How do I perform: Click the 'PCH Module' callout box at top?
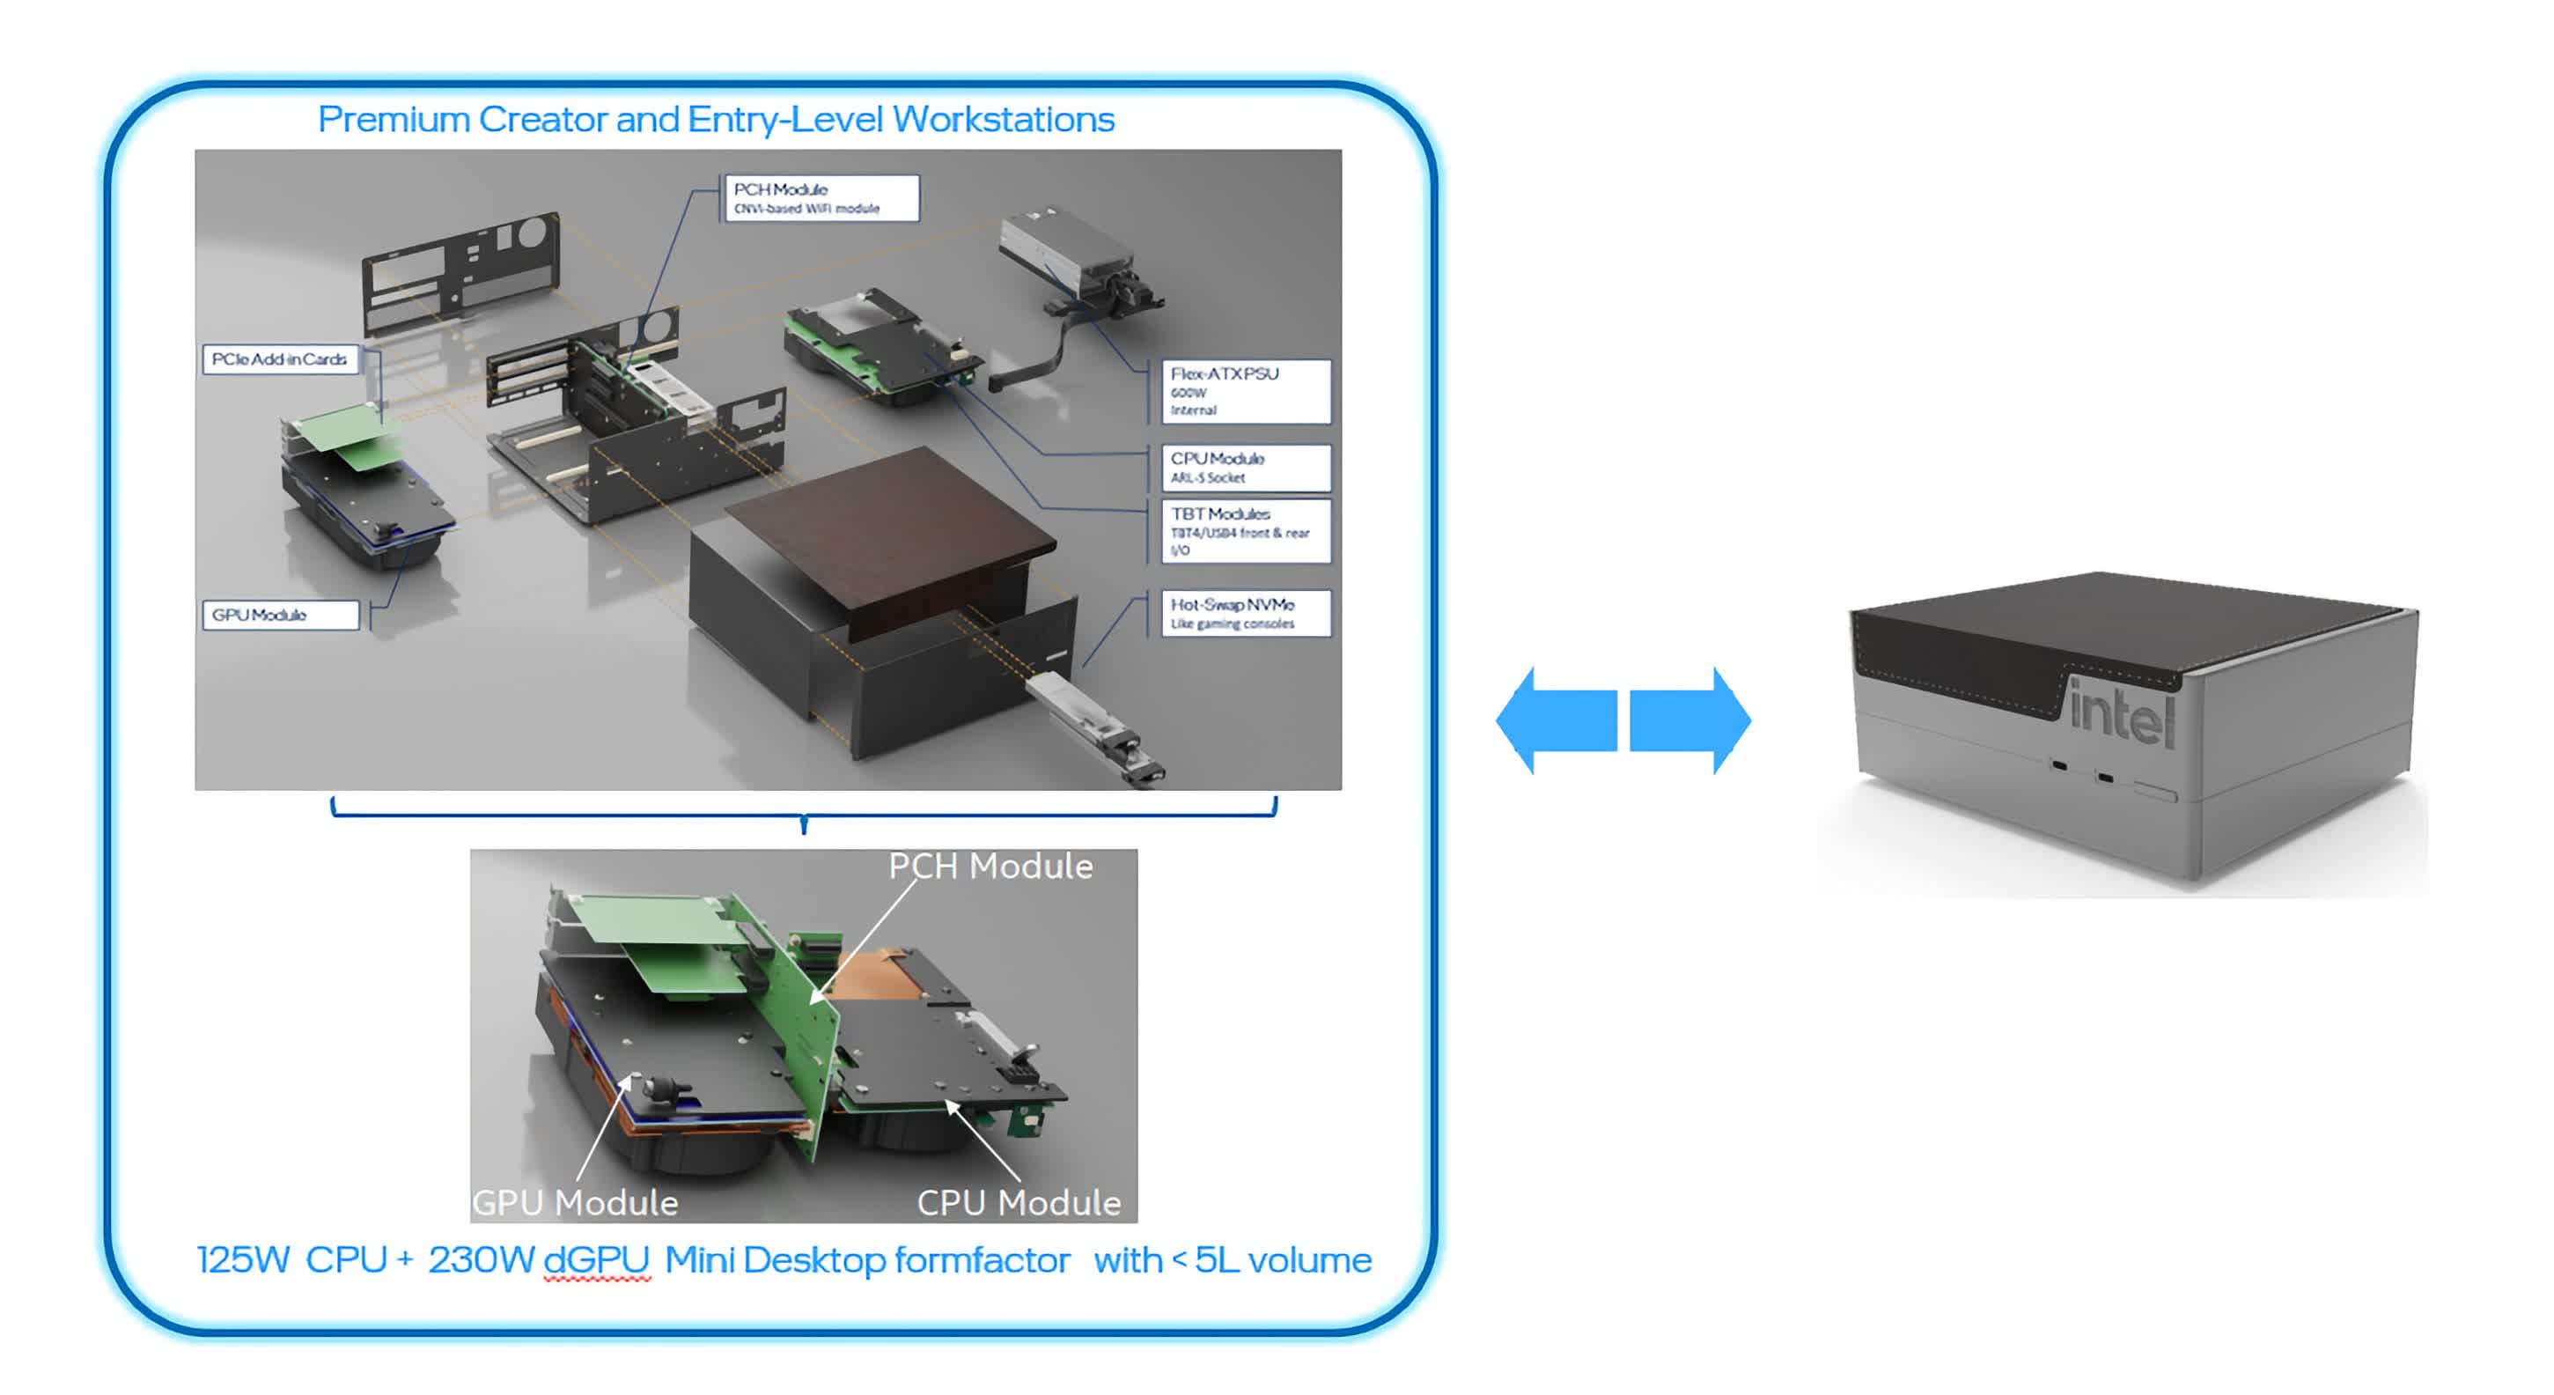(821, 198)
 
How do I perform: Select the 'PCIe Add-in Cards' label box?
(281, 359)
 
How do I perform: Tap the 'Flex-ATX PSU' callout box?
(1245, 392)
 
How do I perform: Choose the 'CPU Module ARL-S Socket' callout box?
(1245, 467)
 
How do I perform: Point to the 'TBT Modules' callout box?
(1245, 531)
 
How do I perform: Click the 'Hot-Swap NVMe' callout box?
(1245, 614)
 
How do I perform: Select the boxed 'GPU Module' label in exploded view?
(281, 615)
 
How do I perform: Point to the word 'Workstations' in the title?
(1004, 120)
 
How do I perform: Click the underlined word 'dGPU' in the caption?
(597, 1260)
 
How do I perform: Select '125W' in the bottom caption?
(243, 1260)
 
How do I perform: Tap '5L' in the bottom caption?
(1217, 1260)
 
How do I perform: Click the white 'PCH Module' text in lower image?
(990, 867)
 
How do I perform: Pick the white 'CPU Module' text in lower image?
(1019, 1203)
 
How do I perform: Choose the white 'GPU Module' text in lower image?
(576, 1203)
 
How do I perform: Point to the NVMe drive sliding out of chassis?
(1091, 724)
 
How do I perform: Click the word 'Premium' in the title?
(394, 120)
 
